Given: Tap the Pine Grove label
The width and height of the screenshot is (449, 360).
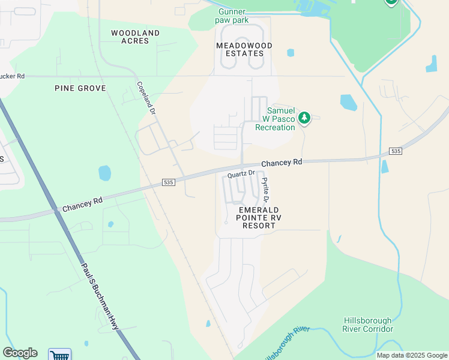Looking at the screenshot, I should click(80, 88).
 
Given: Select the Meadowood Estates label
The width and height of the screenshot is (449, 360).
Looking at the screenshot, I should click(244, 49).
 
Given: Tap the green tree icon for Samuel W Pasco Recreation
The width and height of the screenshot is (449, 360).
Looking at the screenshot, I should click(304, 117).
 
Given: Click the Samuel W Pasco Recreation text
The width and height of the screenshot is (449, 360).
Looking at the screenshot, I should click(275, 119).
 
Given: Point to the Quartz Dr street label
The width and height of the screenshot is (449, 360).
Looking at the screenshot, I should click(241, 174).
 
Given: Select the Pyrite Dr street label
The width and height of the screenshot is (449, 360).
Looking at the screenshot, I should click(265, 189).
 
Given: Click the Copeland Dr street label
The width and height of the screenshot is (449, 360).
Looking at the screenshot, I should click(146, 98).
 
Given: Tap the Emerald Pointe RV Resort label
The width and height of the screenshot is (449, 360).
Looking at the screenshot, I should click(258, 217).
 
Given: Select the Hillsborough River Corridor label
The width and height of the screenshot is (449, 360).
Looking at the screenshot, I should click(367, 325).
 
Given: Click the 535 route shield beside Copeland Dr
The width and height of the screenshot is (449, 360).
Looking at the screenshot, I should click(169, 182).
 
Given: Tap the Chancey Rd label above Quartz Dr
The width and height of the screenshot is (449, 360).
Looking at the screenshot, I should click(282, 163).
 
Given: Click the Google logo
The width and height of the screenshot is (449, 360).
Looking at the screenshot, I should click(20, 353).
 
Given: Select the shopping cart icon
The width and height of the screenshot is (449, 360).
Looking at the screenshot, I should click(59, 355).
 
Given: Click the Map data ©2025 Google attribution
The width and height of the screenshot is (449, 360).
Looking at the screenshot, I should click(411, 355).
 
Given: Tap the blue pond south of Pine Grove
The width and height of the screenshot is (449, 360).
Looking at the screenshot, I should click(104, 173).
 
